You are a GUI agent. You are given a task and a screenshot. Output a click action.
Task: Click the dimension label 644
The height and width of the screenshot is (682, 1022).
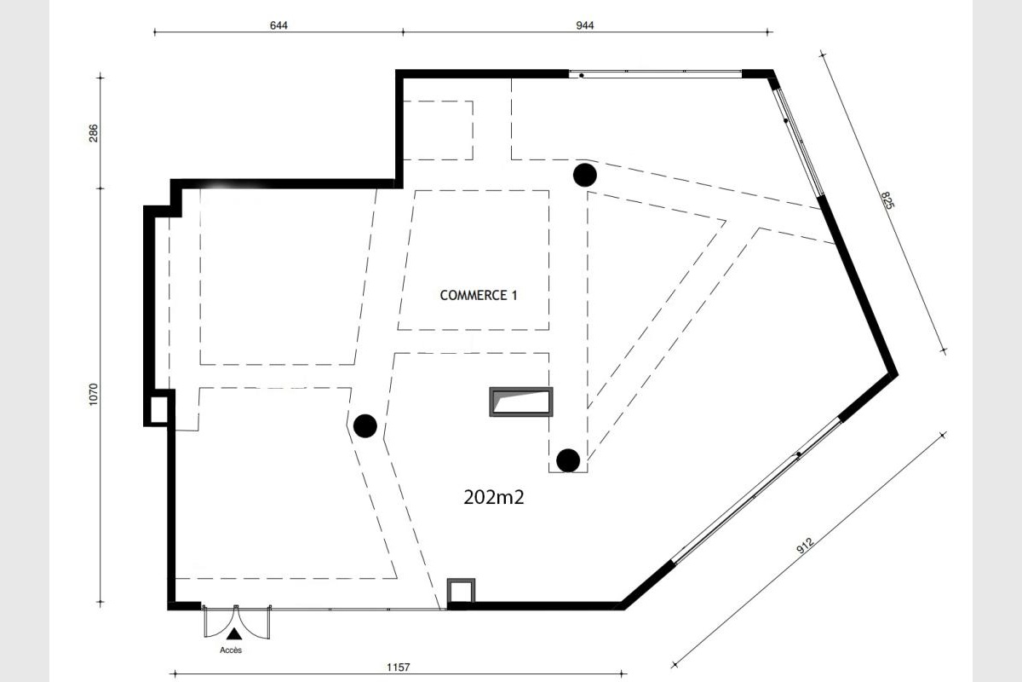[x=278, y=26]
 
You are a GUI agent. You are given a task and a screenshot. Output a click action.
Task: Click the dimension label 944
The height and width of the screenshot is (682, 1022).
[x=584, y=26]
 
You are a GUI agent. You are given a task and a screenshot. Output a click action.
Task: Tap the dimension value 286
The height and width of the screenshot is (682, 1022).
[x=94, y=133]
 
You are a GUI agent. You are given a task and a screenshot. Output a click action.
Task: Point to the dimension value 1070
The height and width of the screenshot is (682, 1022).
[x=93, y=394]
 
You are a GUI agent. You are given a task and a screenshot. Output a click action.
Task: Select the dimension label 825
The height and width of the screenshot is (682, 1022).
[x=887, y=200]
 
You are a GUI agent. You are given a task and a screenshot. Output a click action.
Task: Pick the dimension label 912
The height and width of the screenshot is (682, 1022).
[x=805, y=545]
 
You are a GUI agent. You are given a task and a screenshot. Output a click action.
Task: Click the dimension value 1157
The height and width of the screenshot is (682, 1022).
[x=399, y=668]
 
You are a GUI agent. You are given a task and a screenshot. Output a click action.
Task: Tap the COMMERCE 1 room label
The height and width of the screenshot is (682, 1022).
[x=479, y=296]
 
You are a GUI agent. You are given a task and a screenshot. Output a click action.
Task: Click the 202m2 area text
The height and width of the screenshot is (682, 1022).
[x=494, y=497]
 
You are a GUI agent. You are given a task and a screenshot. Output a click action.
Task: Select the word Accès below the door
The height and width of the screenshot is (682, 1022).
[x=231, y=650]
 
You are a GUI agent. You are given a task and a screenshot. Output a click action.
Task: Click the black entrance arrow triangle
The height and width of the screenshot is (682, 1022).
[x=234, y=633]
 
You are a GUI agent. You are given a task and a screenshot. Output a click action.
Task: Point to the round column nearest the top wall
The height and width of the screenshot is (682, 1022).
[x=585, y=175]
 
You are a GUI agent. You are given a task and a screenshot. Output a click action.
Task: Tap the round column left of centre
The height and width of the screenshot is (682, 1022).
[x=365, y=426]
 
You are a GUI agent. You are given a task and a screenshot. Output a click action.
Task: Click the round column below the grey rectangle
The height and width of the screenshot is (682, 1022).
[x=568, y=460]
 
